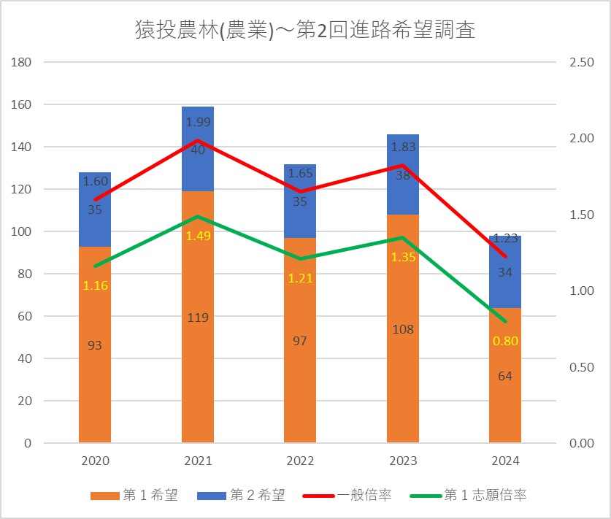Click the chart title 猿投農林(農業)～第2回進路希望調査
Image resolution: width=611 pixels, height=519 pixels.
(x=305, y=31)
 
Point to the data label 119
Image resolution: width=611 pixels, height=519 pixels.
(x=198, y=318)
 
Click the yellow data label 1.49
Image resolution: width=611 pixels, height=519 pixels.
(x=198, y=236)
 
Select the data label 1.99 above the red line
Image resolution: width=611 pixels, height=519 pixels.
(x=198, y=122)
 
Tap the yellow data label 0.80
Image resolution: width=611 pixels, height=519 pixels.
(x=505, y=341)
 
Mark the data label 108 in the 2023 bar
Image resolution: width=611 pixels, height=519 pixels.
(x=403, y=329)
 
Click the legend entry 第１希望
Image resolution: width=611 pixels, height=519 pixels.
(x=135, y=495)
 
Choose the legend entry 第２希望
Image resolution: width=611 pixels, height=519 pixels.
(x=241, y=495)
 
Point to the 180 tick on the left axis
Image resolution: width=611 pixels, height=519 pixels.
(x=21, y=62)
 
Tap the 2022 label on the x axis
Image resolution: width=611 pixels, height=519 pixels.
(x=300, y=461)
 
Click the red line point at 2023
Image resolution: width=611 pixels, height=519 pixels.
(x=403, y=165)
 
